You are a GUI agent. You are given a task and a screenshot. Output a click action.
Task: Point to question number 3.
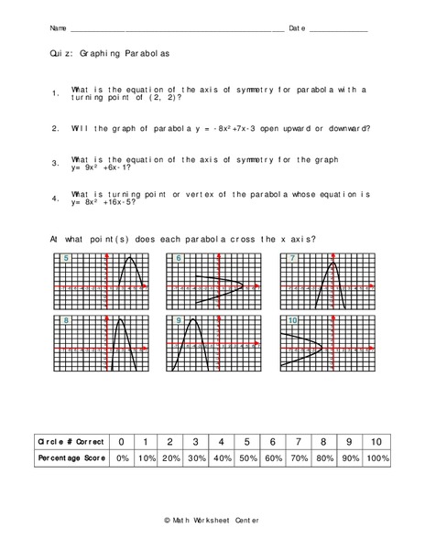click(56, 164)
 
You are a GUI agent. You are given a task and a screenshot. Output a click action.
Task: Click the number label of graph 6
click(180, 260)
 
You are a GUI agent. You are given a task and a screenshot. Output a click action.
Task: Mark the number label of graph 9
click(180, 322)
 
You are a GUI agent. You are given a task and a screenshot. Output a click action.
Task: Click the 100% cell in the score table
click(376, 457)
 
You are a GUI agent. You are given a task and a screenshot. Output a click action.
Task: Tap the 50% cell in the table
click(247, 457)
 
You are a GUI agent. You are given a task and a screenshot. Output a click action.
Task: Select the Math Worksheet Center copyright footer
click(212, 519)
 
